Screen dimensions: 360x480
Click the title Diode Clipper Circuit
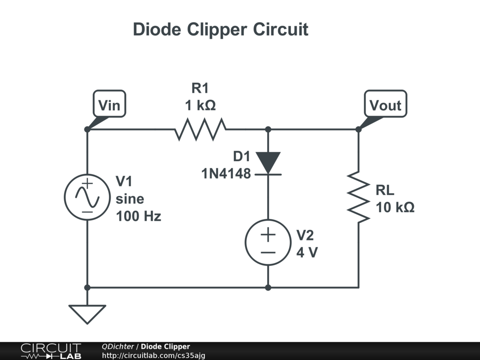pyautogui.click(x=220, y=30)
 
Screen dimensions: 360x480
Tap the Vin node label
pyautogui.click(x=109, y=105)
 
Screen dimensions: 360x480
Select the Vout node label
pyautogui.click(x=385, y=105)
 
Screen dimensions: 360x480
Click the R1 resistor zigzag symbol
pyautogui.click(x=201, y=129)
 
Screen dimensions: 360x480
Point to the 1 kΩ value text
pyautogui.click(x=200, y=105)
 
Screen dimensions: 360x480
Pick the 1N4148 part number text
pyautogui.click(x=226, y=174)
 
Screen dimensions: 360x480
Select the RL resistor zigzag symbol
pyautogui.click(x=359, y=197)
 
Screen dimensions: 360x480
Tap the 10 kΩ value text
pyautogui.click(x=395, y=207)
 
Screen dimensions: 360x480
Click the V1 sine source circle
pyautogui.click(x=87, y=197)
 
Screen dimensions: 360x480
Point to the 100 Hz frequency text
pyautogui.click(x=138, y=217)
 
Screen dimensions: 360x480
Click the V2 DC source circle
pyautogui.click(x=268, y=242)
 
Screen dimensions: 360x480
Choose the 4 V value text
pyautogui.click(x=307, y=252)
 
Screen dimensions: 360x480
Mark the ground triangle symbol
pyautogui.click(x=87, y=313)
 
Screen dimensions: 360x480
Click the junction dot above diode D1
pyautogui.click(x=268, y=129)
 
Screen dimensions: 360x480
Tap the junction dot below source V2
pyautogui.click(x=268, y=287)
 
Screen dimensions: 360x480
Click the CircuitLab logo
pyautogui.click(x=51, y=351)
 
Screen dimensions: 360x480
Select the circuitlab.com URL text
pyautogui.click(x=153, y=356)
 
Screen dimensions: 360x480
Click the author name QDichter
pyautogui.click(x=118, y=346)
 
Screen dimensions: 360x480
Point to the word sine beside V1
pyautogui.click(x=130, y=199)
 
